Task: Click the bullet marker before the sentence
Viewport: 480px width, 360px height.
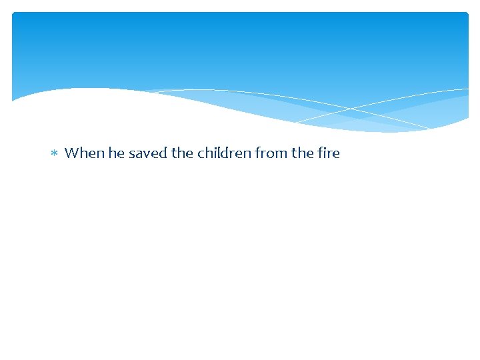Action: pyautogui.click(x=55, y=154)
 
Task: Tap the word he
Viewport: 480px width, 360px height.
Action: pyautogui.click(x=117, y=153)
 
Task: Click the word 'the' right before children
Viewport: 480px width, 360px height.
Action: pyautogui.click(x=182, y=153)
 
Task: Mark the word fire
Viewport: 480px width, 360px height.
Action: pyautogui.click(x=329, y=153)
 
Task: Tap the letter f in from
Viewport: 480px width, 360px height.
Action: pyautogui.click(x=257, y=153)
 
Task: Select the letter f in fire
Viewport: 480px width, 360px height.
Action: pyautogui.click(x=321, y=153)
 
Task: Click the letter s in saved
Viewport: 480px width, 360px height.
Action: pyautogui.click(x=132, y=155)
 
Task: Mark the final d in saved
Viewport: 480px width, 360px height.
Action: pyautogui.click(x=163, y=153)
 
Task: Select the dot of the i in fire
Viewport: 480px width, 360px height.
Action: pyautogui.click(x=326, y=148)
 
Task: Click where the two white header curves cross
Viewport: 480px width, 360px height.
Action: pyautogui.click(x=351, y=108)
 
